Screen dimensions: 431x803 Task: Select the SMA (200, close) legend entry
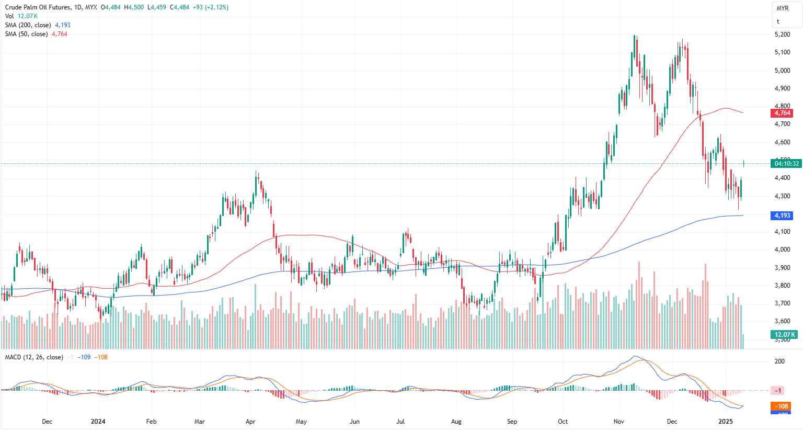[28, 25]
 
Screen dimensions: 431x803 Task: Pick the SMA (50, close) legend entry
[26, 34]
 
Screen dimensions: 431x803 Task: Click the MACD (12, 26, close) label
[34, 357]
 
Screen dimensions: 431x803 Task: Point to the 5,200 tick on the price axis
[782, 35]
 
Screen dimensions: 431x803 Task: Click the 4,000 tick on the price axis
[782, 249]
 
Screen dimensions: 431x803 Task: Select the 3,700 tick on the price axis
[782, 303]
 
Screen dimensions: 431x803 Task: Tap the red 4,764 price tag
[782, 113]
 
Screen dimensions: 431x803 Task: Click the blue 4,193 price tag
[782, 216]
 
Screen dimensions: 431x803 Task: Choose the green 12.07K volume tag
[784, 335]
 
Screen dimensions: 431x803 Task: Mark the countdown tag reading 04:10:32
[786, 164]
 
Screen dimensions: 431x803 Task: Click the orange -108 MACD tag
[782, 406]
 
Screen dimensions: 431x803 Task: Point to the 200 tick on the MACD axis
[779, 361]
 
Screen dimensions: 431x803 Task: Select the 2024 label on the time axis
[98, 422]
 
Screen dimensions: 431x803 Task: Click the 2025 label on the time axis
[726, 422]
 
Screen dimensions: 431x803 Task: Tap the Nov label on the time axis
[619, 422]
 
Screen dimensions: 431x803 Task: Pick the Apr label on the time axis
[250, 422]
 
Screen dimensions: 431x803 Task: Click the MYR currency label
[783, 8]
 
